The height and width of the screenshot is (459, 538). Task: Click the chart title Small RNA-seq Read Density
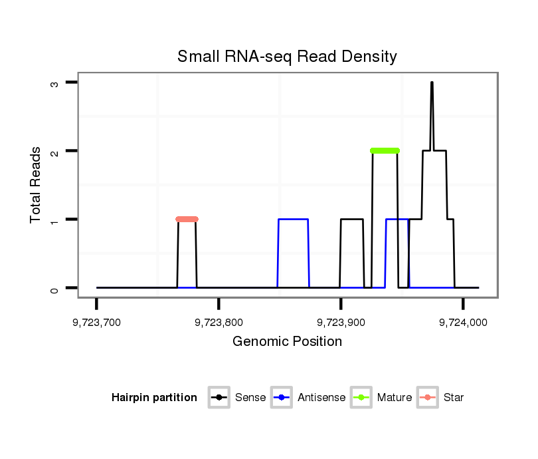pos(287,57)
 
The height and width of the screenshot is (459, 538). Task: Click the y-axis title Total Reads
pos(36,185)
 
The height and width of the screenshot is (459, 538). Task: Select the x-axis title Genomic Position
pos(287,342)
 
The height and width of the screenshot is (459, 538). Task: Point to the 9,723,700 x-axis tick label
pos(97,323)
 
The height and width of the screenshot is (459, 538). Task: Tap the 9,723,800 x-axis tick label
pos(219,323)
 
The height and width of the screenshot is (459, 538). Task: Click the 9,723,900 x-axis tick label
pos(341,323)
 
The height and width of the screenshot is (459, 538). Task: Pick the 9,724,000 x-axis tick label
pos(463,323)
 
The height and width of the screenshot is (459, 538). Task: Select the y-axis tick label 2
pos(56,151)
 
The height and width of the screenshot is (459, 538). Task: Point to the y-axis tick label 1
pos(56,220)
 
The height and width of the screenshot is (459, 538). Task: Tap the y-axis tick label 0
pos(56,288)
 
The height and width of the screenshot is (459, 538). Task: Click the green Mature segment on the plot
pos(385,151)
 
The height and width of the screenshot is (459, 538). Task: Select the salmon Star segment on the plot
pos(187,219)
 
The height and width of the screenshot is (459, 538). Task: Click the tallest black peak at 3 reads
pos(432,83)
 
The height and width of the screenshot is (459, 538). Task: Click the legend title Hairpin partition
pos(154,398)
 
